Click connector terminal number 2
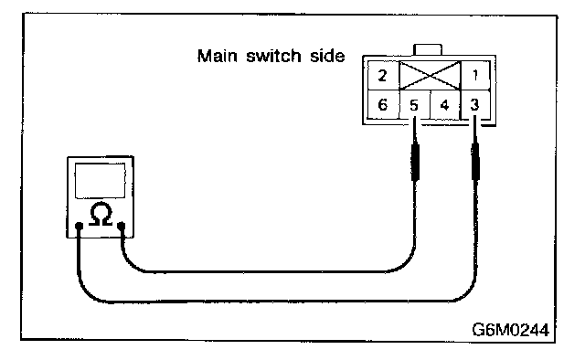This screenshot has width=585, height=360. pyautogui.click(x=383, y=76)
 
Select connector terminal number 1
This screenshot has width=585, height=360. pyautogui.click(x=475, y=76)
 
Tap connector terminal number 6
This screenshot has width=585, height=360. pyautogui.click(x=383, y=104)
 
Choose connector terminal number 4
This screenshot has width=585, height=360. pyautogui.click(x=445, y=105)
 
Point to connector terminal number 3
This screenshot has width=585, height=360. pyautogui.click(x=475, y=105)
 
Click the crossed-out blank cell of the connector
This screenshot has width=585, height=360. pyautogui.click(x=430, y=76)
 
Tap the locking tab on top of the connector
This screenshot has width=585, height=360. pyautogui.click(x=428, y=50)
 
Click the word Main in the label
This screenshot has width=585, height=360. pyautogui.click(x=218, y=56)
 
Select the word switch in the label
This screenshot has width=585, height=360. pyautogui.click(x=273, y=56)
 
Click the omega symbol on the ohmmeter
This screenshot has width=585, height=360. pyautogui.click(x=101, y=214)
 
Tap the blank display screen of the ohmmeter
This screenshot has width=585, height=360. pyautogui.click(x=100, y=181)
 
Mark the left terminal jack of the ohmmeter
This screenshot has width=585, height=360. pyautogui.click(x=79, y=226)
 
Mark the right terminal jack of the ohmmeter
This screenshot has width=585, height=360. pyautogui.click(x=121, y=226)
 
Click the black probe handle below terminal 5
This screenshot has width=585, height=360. pyautogui.click(x=415, y=162)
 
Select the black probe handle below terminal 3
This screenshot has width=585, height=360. pyautogui.click(x=475, y=162)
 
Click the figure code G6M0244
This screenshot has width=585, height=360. pyautogui.click(x=510, y=330)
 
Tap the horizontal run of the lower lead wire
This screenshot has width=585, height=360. pyautogui.click(x=280, y=301)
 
